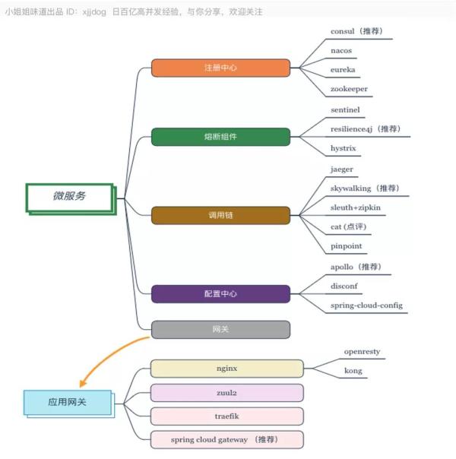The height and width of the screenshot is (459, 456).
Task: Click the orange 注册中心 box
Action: (x=220, y=68)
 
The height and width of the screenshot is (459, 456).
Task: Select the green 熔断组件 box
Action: (x=220, y=137)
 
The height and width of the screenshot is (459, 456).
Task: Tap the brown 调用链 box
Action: (x=220, y=216)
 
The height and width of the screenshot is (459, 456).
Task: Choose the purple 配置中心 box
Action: (x=220, y=294)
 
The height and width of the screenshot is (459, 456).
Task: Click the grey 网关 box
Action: (x=220, y=330)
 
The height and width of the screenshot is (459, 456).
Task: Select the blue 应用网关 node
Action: (x=69, y=404)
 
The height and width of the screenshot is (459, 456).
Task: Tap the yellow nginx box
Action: (x=226, y=369)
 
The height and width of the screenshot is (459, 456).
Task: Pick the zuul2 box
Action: (x=226, y=393)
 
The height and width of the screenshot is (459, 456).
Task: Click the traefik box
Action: (x=226, y=416)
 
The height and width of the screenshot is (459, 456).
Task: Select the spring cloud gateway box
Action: (x=226, y=440)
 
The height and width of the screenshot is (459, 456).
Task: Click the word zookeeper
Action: (x=349, y=89)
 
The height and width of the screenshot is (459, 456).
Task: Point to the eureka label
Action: (x=343, y=70)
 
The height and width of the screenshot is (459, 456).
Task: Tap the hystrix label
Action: (x=343, y=148)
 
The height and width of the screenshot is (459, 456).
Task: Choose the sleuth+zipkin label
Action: (x=356, y=207)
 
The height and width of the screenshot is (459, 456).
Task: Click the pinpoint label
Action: (x=347, y=246)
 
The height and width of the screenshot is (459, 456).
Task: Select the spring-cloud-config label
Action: (x=366, y=305)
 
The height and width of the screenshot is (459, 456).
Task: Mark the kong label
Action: (x=353, y=371)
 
